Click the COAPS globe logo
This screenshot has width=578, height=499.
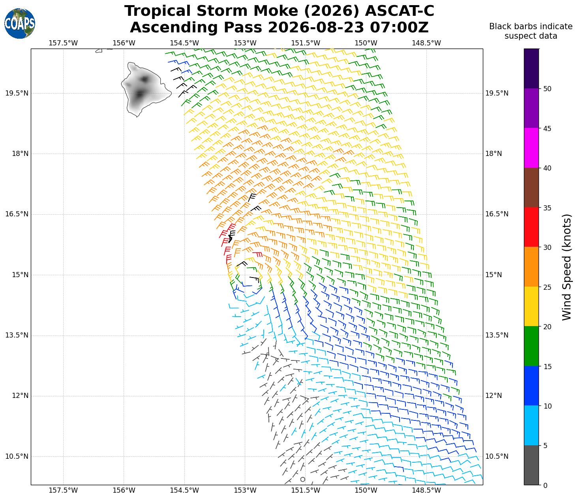point(20,23)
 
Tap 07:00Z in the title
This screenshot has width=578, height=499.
point(399,27)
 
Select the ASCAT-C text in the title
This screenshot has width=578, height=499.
point(399,11)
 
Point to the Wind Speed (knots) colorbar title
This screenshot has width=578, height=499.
point(567,267)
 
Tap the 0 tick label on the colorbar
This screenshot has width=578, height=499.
point(545,485)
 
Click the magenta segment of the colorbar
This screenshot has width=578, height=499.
point(531,148)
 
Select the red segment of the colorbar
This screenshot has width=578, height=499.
point(531,227)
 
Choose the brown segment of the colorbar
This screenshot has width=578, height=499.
point(531,188)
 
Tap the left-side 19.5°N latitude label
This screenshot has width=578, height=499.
point(17,93)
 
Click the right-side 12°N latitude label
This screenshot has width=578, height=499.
point(494,396)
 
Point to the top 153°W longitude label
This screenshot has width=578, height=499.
point(245,43)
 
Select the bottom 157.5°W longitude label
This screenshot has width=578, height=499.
point(63,490)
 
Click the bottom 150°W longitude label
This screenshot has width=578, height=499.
point(366,490)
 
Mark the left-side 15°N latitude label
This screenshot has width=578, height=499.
point(20,275)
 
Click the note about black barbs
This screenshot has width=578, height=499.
point(531,31)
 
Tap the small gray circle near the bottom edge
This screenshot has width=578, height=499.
point(302,479)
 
